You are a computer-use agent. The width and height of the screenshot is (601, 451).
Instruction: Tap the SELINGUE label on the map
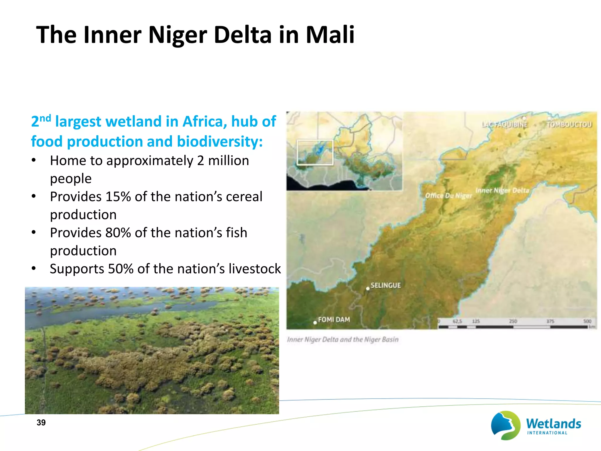point(385,285)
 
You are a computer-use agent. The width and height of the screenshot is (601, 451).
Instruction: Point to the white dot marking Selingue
point(367,289)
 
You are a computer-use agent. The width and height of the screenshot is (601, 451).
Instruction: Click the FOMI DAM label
point(334,319)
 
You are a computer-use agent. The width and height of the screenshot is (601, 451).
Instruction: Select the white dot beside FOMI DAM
point(315,322)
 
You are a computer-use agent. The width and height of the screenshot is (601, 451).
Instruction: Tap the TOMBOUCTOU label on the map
point(569,124)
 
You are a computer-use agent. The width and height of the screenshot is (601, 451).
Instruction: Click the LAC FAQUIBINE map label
point(504,124)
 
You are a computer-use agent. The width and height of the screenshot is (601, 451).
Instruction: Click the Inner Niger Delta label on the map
point(502,190)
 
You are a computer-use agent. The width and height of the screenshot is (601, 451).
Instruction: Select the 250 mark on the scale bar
point(513,321)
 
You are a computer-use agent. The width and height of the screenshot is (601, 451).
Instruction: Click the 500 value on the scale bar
point(587,321)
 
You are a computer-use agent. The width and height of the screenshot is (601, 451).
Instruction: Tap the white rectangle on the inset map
point(315,152)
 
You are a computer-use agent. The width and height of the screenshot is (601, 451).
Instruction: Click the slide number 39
point(41,423)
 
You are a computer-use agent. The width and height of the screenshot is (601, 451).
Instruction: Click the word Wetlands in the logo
point(553,424)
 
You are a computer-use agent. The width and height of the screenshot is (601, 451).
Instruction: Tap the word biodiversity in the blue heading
point(220,142)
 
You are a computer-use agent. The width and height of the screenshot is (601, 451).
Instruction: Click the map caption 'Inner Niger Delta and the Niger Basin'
point(343,339)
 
